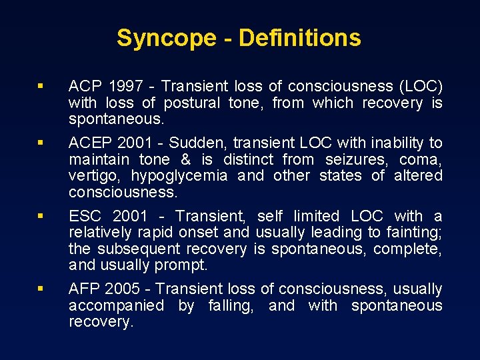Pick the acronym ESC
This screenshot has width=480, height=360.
click(85, 216)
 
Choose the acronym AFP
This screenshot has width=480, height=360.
click(84, 289)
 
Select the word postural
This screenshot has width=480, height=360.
click(192, 103)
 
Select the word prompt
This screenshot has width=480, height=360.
click(182, 265)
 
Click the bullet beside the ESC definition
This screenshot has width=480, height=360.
click(41, 216)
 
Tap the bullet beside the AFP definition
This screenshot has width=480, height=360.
click(41, 289)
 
